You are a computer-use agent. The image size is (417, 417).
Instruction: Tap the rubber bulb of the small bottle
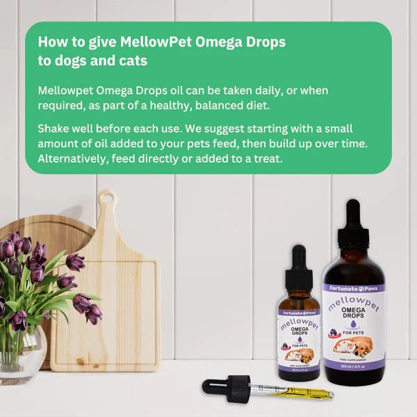point(299,258)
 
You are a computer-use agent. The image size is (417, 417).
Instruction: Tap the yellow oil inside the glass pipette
point(299,391)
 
